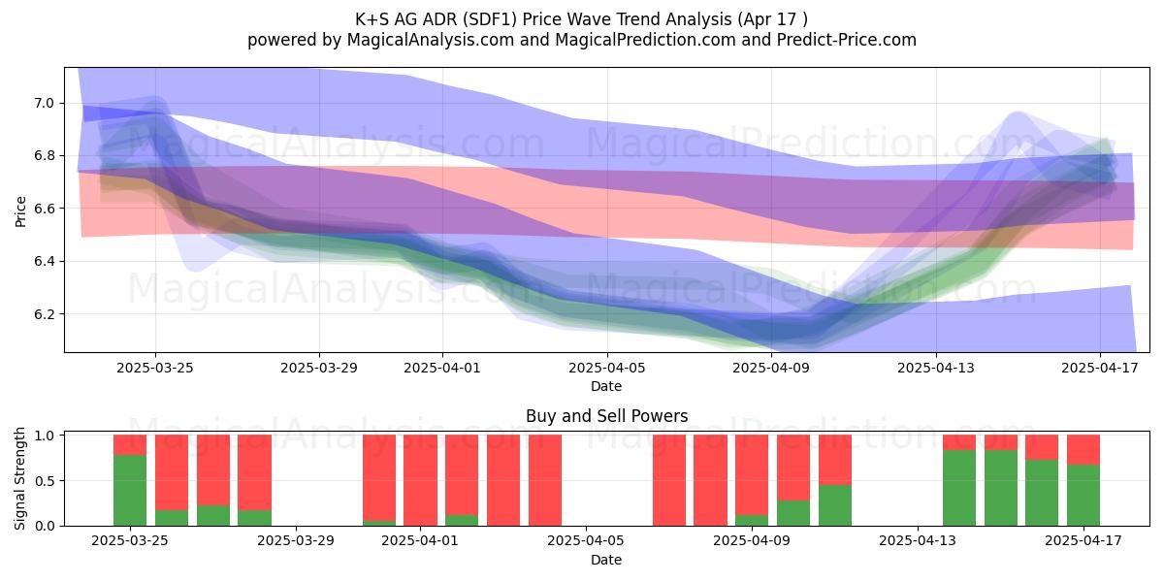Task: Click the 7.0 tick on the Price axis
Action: [x=45, y=103]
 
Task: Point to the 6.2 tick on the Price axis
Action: [x=45, y=314]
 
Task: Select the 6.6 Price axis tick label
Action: [x=45, y=209]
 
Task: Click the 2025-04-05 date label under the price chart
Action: [x=606, y=368]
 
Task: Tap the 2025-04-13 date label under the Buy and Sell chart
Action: [x=918, y=541]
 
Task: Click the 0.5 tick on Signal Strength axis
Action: [x=45, y=481]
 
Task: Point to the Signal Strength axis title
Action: [x=19, y=478]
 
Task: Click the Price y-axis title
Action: [x=20, y=211]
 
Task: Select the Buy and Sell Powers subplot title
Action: [x=606, y=416]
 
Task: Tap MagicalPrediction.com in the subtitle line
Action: [x=645, y=40]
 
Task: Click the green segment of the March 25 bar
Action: [x=130, y=491]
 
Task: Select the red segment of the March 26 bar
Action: [x=172, y=472]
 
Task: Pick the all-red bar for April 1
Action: [x=420, y=480]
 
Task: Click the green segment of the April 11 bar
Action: [x=835, y=505]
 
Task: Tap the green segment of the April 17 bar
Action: [x=1083, y=496]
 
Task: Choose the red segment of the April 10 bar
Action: [x=793, y=468]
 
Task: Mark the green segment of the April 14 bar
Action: [x=959, y=488]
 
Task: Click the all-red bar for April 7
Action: [x=669, y=480]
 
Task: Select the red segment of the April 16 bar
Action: [x=1042, y=447]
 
